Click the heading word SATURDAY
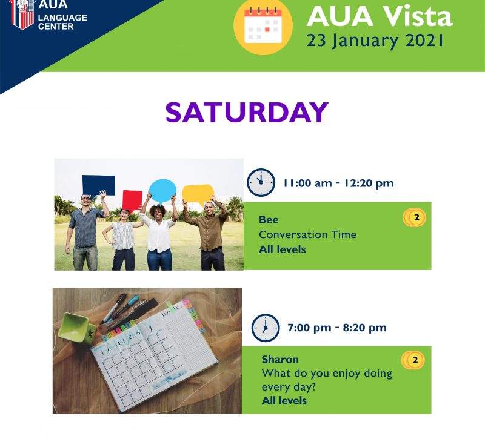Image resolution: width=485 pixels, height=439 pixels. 247,112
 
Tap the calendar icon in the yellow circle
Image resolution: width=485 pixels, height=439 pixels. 263,27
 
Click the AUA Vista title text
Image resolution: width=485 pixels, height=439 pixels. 380,16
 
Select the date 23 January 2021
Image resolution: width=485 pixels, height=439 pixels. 375,41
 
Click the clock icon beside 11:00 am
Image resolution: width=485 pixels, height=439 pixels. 261,182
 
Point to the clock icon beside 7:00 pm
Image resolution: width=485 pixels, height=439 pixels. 266,328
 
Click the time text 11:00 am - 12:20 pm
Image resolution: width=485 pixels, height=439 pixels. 339,183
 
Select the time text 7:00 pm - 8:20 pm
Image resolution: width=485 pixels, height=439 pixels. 337,328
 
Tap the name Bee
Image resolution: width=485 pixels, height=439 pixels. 269,220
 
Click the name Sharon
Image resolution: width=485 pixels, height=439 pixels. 280,359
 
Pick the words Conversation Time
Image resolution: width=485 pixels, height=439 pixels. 308,234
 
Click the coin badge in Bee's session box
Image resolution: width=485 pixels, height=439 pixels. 415,217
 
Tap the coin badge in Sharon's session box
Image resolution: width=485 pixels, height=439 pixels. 413,360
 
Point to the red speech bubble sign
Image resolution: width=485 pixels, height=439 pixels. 132,200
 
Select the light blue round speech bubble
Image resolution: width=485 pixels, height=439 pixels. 162,191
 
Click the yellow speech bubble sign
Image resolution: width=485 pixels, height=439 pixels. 198,194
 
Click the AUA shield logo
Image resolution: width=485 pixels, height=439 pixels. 22,14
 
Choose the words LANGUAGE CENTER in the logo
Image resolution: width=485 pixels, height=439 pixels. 62,22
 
